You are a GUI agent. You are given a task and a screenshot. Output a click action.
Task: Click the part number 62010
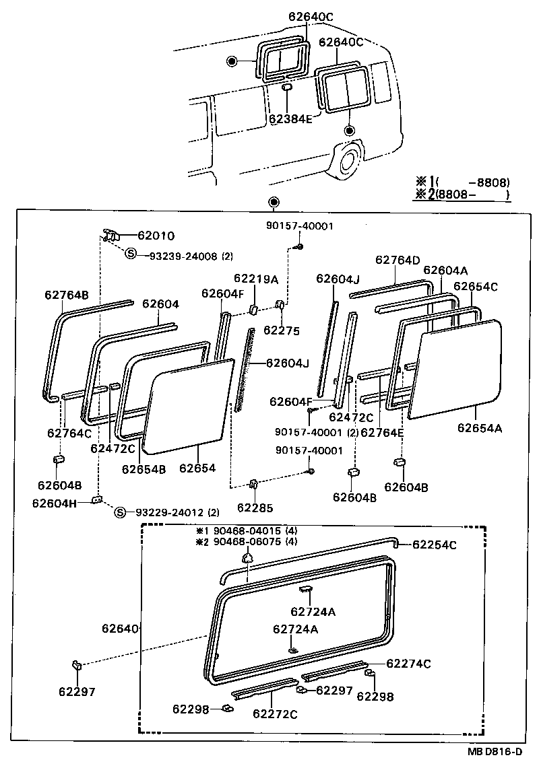coord(156,236)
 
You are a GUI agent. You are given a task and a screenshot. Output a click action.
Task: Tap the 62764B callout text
coord(67,294)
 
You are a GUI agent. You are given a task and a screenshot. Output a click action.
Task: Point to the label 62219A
coord(255,279)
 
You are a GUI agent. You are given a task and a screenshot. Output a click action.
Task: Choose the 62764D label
coord(398,260)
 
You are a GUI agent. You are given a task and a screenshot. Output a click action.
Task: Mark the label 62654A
coord(480,427)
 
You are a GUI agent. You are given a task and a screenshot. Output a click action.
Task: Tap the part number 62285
coord(255,508)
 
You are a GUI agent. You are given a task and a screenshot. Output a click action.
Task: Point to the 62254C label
coord(434,545)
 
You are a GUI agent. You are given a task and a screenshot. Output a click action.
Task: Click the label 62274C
coord(408,664)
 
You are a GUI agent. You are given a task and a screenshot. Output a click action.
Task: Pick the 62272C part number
coord(275,713)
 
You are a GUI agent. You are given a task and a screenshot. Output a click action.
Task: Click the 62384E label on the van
coord(290,119)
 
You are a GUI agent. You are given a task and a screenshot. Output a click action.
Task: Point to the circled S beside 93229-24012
coord(121,513)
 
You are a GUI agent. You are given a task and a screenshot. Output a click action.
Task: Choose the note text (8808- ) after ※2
coord(471,195)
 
